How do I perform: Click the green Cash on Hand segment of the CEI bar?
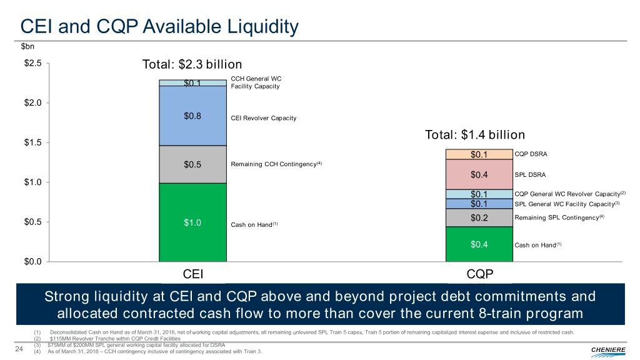[x=192, y=222]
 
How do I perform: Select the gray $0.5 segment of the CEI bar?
[x=192, y=164]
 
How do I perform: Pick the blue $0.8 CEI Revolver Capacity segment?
[x=192, y=116]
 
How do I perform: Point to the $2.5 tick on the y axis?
[x=32, y=64]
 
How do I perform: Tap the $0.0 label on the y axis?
[x=32, y=262]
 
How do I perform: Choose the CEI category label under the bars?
[x=192, y=274]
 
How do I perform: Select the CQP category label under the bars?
[x=479, y=274]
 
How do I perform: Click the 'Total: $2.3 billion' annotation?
[x=192, y=65]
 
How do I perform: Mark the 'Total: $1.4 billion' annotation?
[x=474, y=135]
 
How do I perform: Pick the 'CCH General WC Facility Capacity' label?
[x=256, y=82]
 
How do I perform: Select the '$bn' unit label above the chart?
[x=28, y=46]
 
